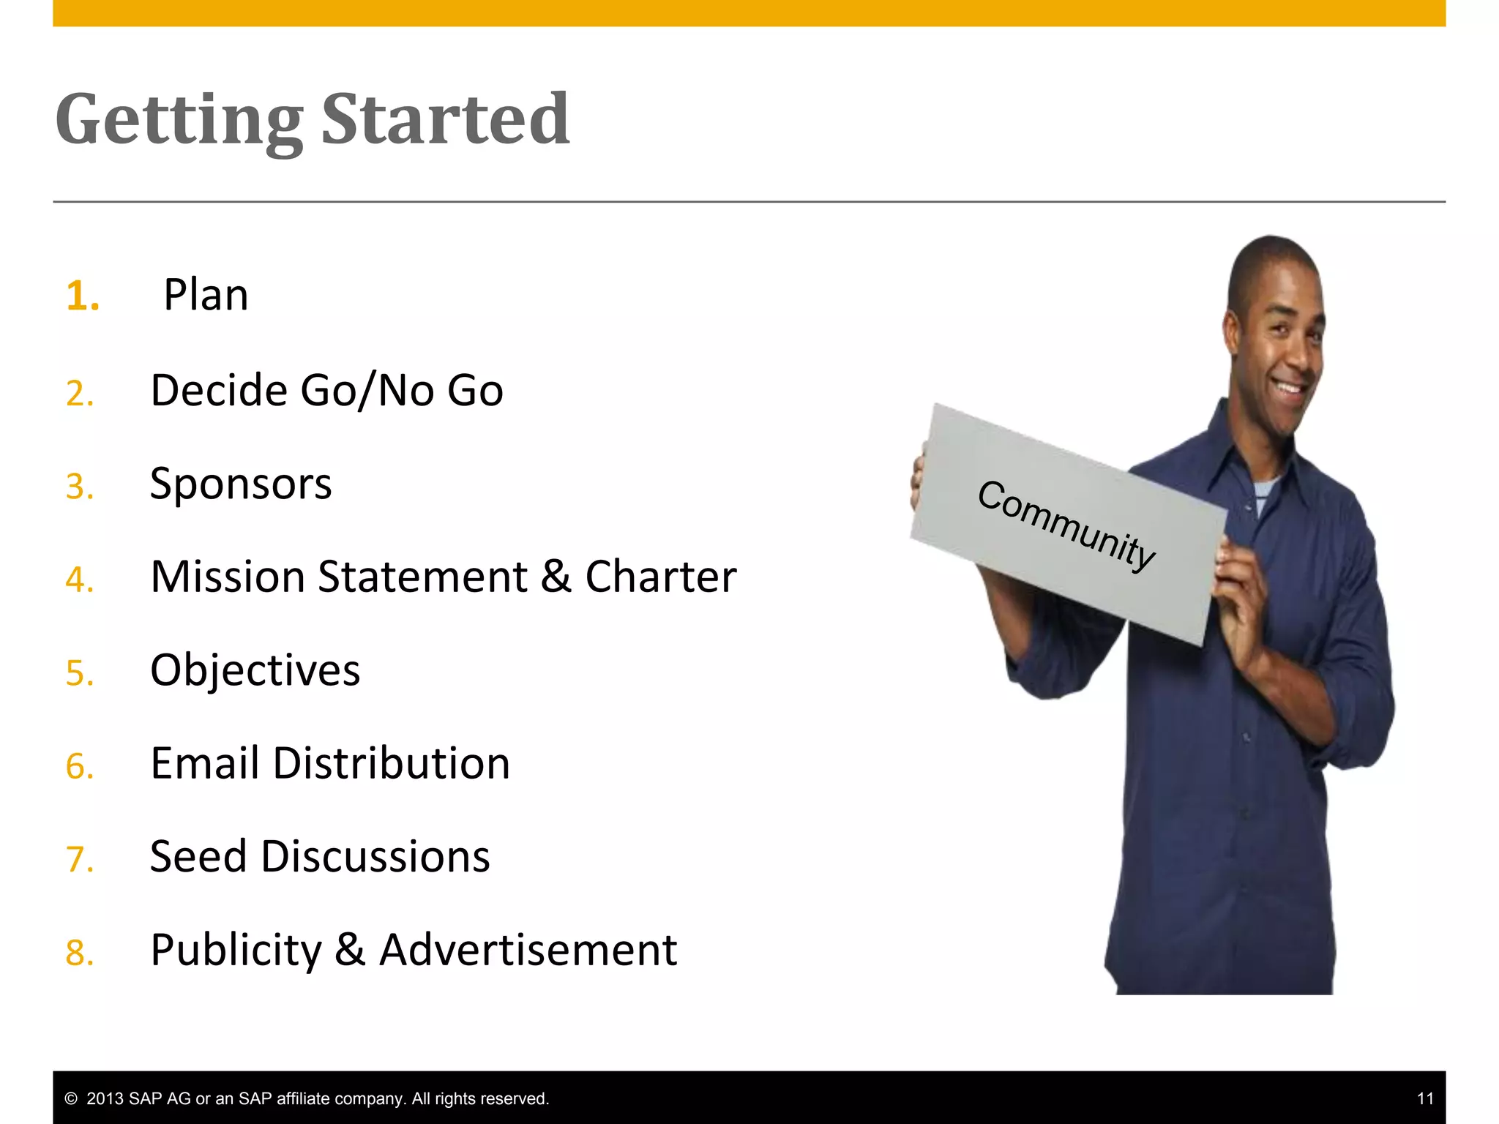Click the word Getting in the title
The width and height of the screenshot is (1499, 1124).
tap(179, 121)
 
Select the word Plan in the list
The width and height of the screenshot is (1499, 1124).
tap(206, 296)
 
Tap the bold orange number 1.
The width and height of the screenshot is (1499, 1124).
tap(82, 296)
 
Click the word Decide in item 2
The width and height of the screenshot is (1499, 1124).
tap(219, 390)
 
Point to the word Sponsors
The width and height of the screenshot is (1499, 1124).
tap(241, 484)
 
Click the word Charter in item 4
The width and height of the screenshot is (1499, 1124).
tap(660, 577)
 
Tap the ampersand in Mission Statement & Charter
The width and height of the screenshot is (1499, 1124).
tap(556, 577)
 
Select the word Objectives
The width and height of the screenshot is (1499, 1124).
tap(255, 670)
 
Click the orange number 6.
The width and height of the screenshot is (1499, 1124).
tap(80, 766)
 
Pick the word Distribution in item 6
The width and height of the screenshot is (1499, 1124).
tap(391, 764)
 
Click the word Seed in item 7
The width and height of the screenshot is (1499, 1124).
tap(198, 857)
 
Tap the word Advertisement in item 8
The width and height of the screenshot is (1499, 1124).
tap(528, 951)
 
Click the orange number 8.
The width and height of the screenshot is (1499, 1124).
tap(80, 953)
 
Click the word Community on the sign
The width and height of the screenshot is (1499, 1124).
tap(1066, 525)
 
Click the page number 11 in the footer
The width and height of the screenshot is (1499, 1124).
tap(1424, 1098)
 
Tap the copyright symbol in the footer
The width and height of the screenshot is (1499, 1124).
tap(71, 1098)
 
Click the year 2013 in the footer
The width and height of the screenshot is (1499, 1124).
tap(105, 1098)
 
